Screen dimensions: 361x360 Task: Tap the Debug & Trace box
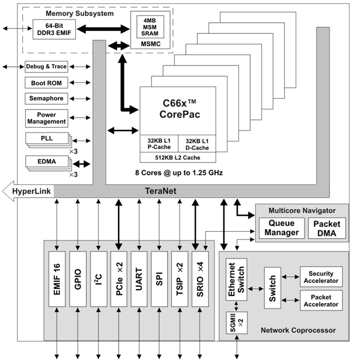coord(47,67)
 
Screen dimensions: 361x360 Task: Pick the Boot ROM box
coord(47,83)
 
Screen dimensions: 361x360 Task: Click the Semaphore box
coord(47,98)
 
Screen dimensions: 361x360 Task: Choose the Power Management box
coord(47,118)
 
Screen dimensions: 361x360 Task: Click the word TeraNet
coord(161,191)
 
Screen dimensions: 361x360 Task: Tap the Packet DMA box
coord(326,228)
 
